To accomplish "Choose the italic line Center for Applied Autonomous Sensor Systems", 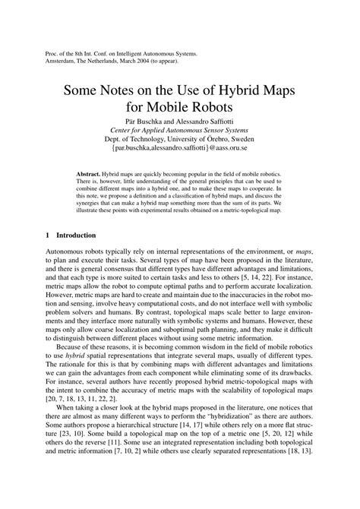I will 179,138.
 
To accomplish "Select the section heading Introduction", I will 80,236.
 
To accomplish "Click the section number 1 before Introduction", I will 49,236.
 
